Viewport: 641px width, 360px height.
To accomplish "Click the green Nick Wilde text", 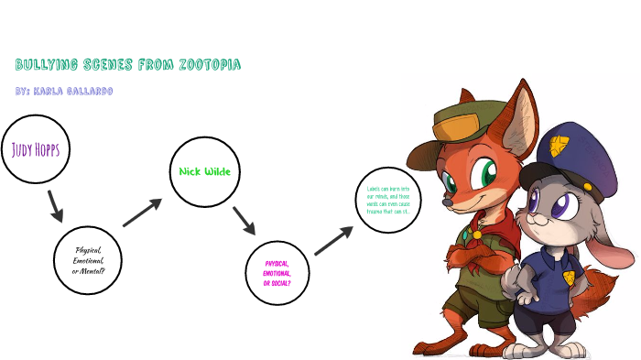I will (204, 171).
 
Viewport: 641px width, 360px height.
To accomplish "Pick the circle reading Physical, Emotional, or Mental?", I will (89, 260).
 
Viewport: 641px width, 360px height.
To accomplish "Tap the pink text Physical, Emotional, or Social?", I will (277, 272).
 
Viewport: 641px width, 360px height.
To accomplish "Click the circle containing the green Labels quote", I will (386, 201).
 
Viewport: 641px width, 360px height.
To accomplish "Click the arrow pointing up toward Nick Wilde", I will (142, 212).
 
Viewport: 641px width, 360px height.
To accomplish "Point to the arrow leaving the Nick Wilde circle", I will (244, 221).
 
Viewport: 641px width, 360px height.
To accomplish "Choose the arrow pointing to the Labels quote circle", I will (333, 241).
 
